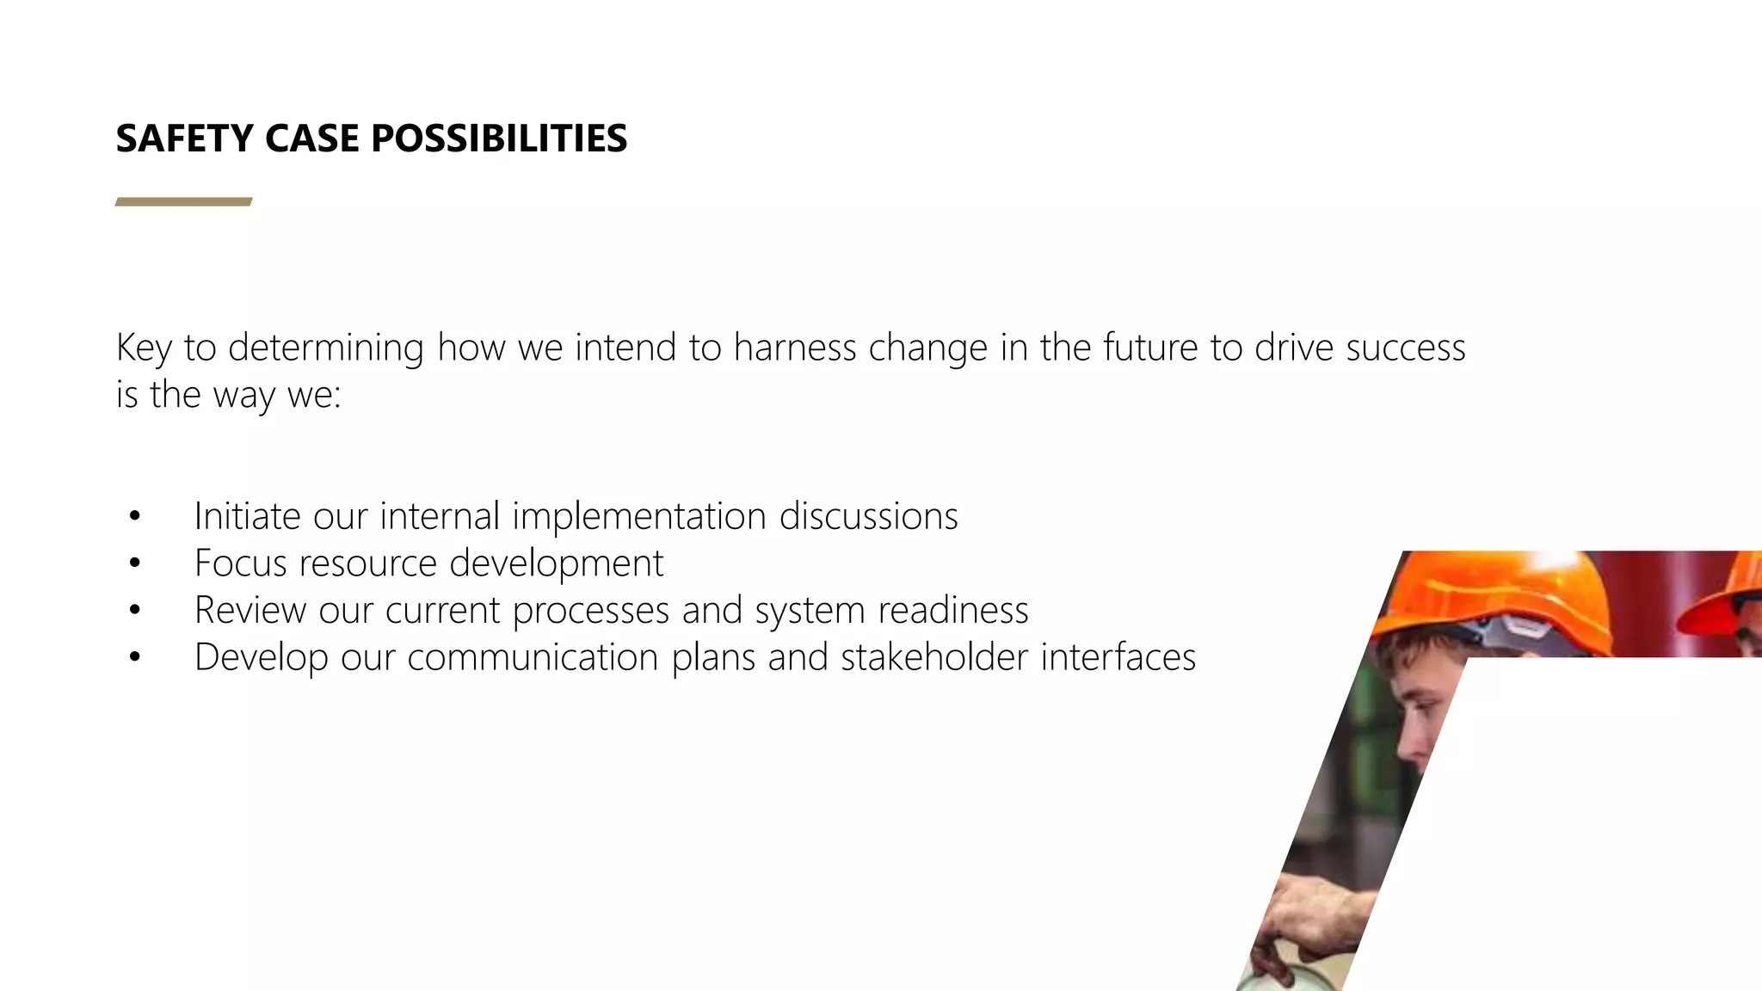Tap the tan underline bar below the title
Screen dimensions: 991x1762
point(183,202)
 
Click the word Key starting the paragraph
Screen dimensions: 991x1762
point(144,348)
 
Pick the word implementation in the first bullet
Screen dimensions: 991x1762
point(638,516)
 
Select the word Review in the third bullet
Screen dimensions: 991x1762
point(250,610)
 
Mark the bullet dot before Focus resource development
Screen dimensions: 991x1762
point(134,563)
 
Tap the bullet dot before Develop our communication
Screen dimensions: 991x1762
point(134,657)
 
